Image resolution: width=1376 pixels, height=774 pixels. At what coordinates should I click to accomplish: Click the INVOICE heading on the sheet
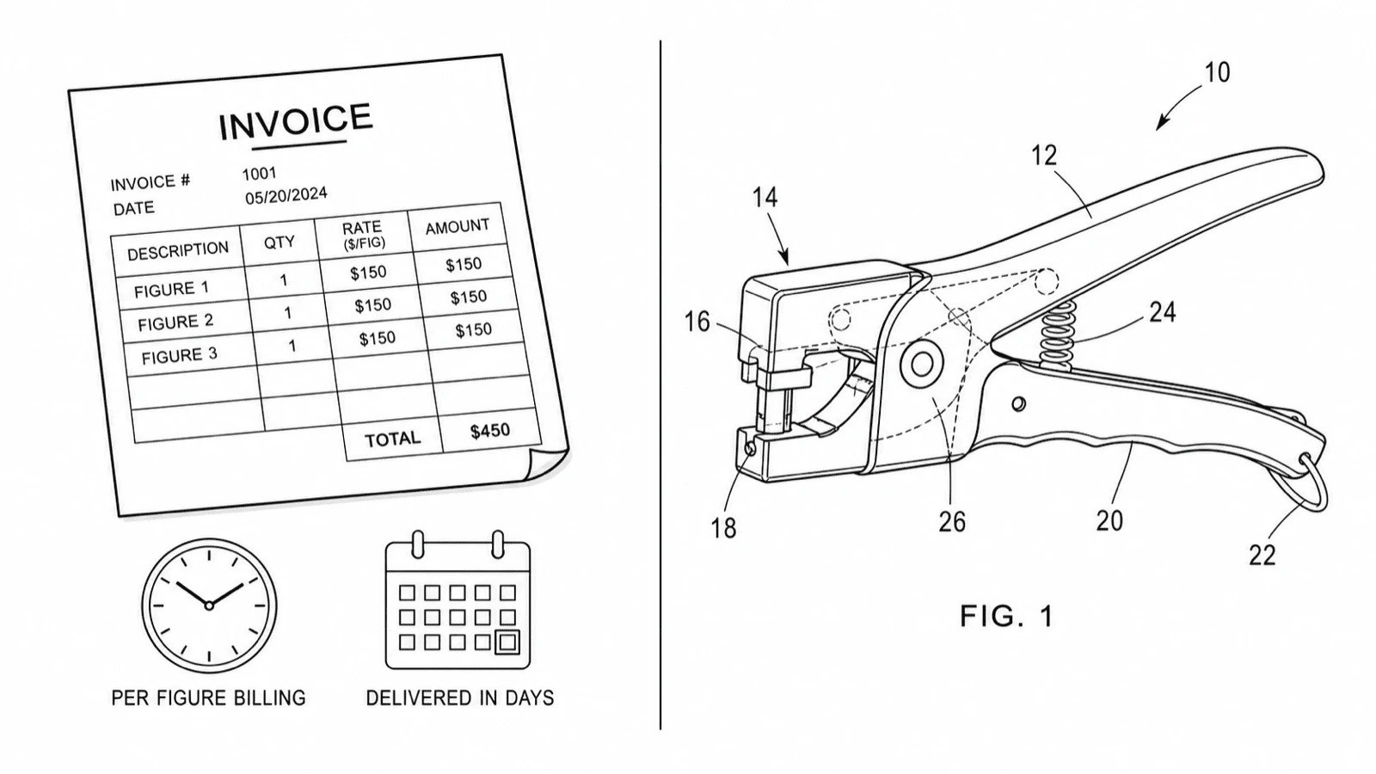coord(296,121)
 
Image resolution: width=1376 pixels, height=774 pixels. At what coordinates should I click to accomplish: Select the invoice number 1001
coord(259,174)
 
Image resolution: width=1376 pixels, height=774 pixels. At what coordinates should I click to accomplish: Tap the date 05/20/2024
coord(286,195)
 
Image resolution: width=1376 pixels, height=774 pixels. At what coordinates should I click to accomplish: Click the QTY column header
coord(279,242)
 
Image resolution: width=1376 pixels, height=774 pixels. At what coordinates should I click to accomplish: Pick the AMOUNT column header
coord(458,227)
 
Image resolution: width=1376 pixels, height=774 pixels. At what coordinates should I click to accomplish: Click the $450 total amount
coord(490,431)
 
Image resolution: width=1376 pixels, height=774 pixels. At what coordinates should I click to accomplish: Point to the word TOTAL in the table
coord(392,439)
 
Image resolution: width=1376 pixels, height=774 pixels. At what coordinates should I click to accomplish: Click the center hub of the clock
coord(209,605)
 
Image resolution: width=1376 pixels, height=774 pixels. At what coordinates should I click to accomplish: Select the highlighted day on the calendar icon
coord(507,642)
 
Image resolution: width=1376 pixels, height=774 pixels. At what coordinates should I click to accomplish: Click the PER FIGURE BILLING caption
coord(208,698)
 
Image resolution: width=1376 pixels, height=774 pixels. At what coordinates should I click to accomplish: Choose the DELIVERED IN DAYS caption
coord(460,698)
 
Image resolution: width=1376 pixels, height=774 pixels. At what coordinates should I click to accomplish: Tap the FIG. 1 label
coord(1007,616)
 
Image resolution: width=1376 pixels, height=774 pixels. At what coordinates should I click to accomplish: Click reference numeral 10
coord(1217,72)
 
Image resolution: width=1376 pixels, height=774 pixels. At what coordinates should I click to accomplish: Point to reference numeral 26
coord(952,521)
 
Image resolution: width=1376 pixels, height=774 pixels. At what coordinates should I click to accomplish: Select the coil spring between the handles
coord(1056,335)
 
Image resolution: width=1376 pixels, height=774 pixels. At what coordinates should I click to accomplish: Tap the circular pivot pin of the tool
coord(921,365)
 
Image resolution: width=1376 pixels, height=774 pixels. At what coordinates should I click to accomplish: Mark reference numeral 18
coord(723,528)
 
